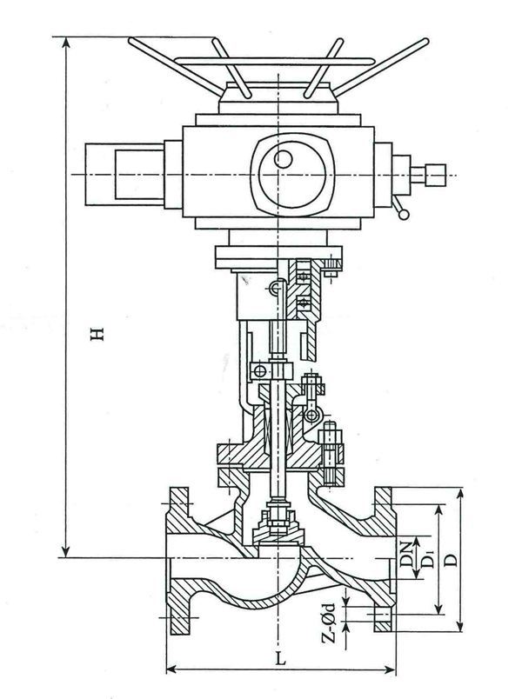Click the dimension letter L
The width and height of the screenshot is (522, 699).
point(281,658)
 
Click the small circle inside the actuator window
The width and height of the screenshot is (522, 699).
point(282,160)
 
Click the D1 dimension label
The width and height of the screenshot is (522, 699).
point(426,563)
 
